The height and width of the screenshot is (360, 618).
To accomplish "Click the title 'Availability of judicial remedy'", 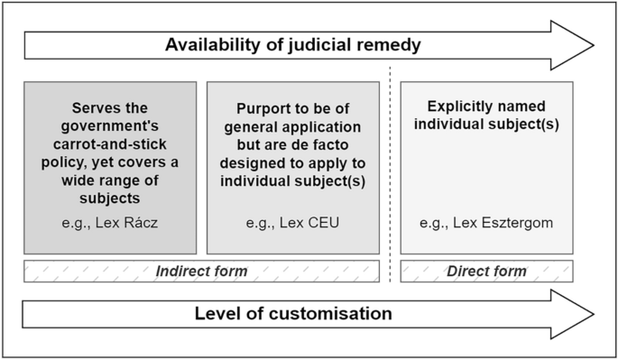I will click(293, 43).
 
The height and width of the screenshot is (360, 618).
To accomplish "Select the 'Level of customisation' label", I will click(293, 314).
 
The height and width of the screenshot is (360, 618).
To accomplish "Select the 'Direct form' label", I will click(486, 271).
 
